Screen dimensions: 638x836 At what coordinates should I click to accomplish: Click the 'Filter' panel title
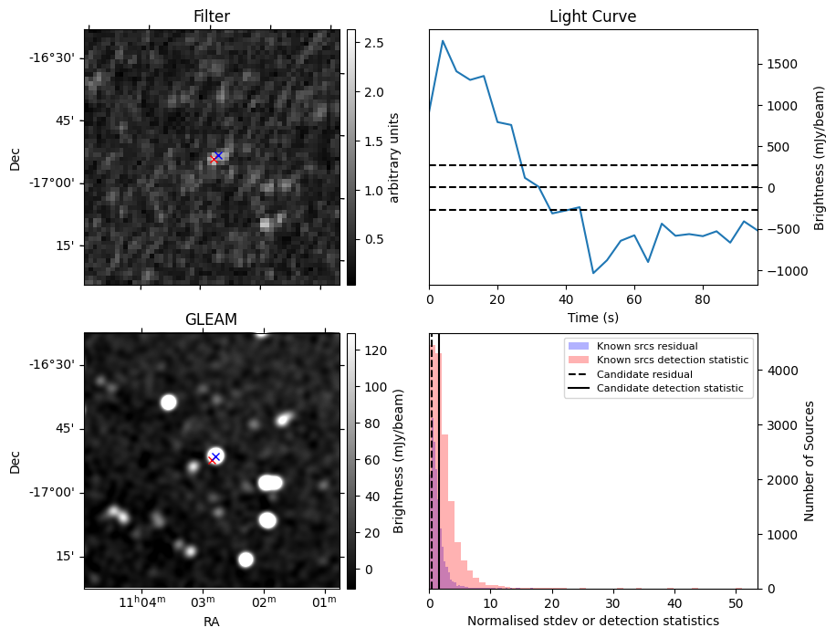[212, 16]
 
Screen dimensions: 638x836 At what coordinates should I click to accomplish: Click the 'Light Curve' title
[592, 16]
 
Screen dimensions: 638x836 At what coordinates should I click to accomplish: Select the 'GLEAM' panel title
[212, 319]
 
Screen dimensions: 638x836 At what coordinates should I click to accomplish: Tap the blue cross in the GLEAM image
[215, 455]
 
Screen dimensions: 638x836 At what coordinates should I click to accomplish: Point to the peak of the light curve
[443, 40]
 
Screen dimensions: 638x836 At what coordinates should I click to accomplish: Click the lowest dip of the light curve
[593, 273]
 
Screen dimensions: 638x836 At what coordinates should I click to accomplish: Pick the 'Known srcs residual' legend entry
[646, 346]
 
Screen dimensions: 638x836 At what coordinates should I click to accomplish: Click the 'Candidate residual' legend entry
[644, 374]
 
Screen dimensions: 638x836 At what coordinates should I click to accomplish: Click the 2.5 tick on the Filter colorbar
[373, 43]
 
